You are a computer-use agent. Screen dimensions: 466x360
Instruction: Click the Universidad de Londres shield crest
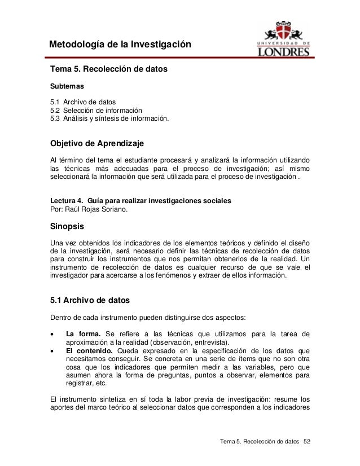pyautogui.click(x=284, y=29)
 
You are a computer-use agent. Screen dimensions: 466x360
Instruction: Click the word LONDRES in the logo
pyautogui.click(x=284, y=51)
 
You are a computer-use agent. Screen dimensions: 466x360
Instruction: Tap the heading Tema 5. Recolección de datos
pyautogui.click(x=109, y=71)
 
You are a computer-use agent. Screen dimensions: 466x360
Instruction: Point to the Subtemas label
pyautogui.click(x=67, y=87)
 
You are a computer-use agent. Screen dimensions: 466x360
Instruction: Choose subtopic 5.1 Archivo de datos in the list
pyautogui.click(x=84, y=102)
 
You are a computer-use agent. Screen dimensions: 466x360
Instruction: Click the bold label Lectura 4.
pyautogui.click(x=68, y=201)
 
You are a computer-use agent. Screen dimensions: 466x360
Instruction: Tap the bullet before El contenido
pyautogui.click(x=53, y=351)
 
